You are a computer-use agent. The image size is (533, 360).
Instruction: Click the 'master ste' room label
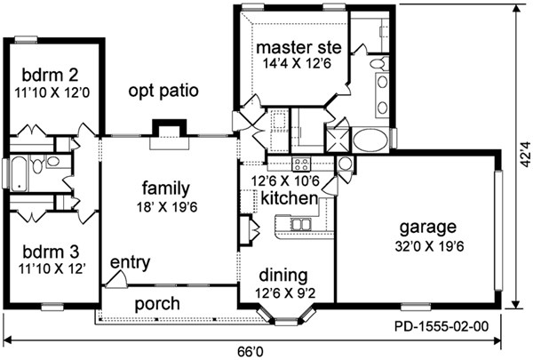[x=298, y=48]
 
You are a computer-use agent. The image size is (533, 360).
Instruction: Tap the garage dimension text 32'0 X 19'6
[x=429, y=246]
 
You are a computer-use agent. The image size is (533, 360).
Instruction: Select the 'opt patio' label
[x=163, y=91]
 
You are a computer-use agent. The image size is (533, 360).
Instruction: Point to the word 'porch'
[x=157, y=304]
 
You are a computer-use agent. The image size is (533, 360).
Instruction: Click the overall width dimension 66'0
[x=251, y=351]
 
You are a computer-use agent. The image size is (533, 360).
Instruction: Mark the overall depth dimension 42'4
[x=526, y=154]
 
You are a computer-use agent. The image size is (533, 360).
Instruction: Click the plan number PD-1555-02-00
[x=442, y=326]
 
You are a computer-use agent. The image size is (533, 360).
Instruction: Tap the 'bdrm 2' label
[x=50, y=76]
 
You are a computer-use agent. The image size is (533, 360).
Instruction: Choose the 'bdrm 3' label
[x=51, y=252]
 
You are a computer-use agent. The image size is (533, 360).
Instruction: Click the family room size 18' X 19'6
[x=167, y=207]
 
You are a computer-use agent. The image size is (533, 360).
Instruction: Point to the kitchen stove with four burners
[x=301, y=164]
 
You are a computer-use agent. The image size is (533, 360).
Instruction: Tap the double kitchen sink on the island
[x=301, y=225]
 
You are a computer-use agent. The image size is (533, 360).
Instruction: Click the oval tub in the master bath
[x=370, y=140]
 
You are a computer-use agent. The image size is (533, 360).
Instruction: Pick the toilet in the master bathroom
[x=378, y=63]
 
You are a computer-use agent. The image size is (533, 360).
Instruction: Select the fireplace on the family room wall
[x=170, y=133]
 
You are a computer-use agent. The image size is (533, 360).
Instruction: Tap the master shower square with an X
[x=338, y=140]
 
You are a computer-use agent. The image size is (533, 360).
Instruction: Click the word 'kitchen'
[x=290, y=198]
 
